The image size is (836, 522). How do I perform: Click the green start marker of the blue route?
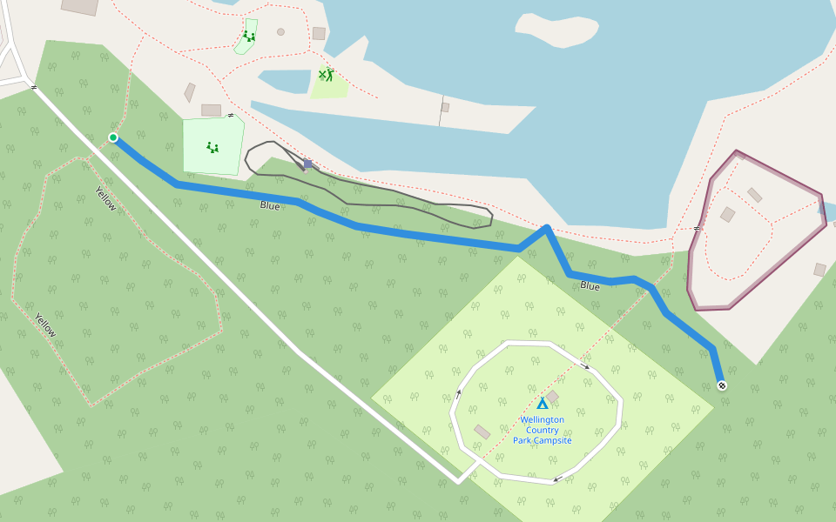113,137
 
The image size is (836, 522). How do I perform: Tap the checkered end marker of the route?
721,385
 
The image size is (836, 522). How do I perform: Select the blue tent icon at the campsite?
543,404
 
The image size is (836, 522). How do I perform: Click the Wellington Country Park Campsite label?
543,430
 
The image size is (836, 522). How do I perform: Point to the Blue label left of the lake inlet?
270,206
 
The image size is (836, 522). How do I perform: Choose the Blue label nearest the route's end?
590,285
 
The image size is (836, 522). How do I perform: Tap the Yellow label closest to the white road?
105,198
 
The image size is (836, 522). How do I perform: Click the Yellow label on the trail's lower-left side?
45,325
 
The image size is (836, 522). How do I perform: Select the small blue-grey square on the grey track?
307,164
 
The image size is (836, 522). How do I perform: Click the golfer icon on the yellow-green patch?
327,75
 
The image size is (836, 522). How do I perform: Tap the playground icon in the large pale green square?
212,148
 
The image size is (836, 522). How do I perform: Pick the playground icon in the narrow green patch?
249,37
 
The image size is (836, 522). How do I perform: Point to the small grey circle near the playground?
280,32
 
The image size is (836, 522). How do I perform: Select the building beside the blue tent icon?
552,396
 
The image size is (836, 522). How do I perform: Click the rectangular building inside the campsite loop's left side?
482,432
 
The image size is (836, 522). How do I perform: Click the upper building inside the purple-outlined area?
754,195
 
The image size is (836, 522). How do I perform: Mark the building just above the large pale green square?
212,110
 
